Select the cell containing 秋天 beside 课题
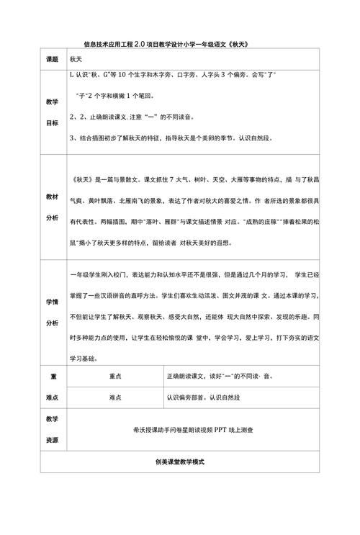[x=77, y=60]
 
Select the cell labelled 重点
[x=114, y=376]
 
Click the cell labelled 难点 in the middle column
[x=114, y=396]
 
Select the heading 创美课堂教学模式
[x=180, y=462]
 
